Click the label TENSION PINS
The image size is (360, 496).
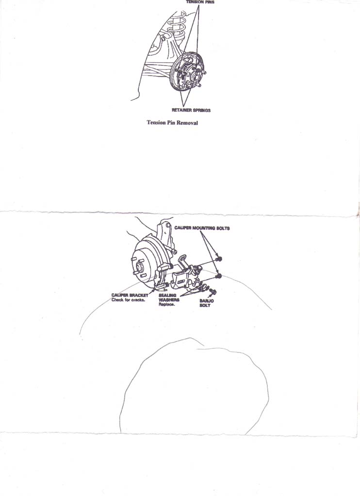click(x=200, y=2)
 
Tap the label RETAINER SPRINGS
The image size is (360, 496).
click(x=191, y=110)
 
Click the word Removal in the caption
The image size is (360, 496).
click(x=187, y=123)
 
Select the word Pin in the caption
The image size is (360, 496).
click(x=171, y=123)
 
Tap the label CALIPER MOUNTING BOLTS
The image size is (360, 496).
click(x=202, y=228)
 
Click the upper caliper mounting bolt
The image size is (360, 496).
click(x=218, y=259)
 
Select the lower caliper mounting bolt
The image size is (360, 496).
click(x=218, y=277)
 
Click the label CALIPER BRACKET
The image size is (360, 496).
click(x=130, y=295)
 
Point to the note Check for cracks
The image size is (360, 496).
click(x=128, y=299)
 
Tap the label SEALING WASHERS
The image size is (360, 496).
click(x=169, y=298)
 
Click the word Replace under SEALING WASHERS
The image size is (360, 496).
click(x=167, y=304)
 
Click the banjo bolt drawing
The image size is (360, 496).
click(x=213, y=291)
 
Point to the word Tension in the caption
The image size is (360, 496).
click(x=156, y=123)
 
